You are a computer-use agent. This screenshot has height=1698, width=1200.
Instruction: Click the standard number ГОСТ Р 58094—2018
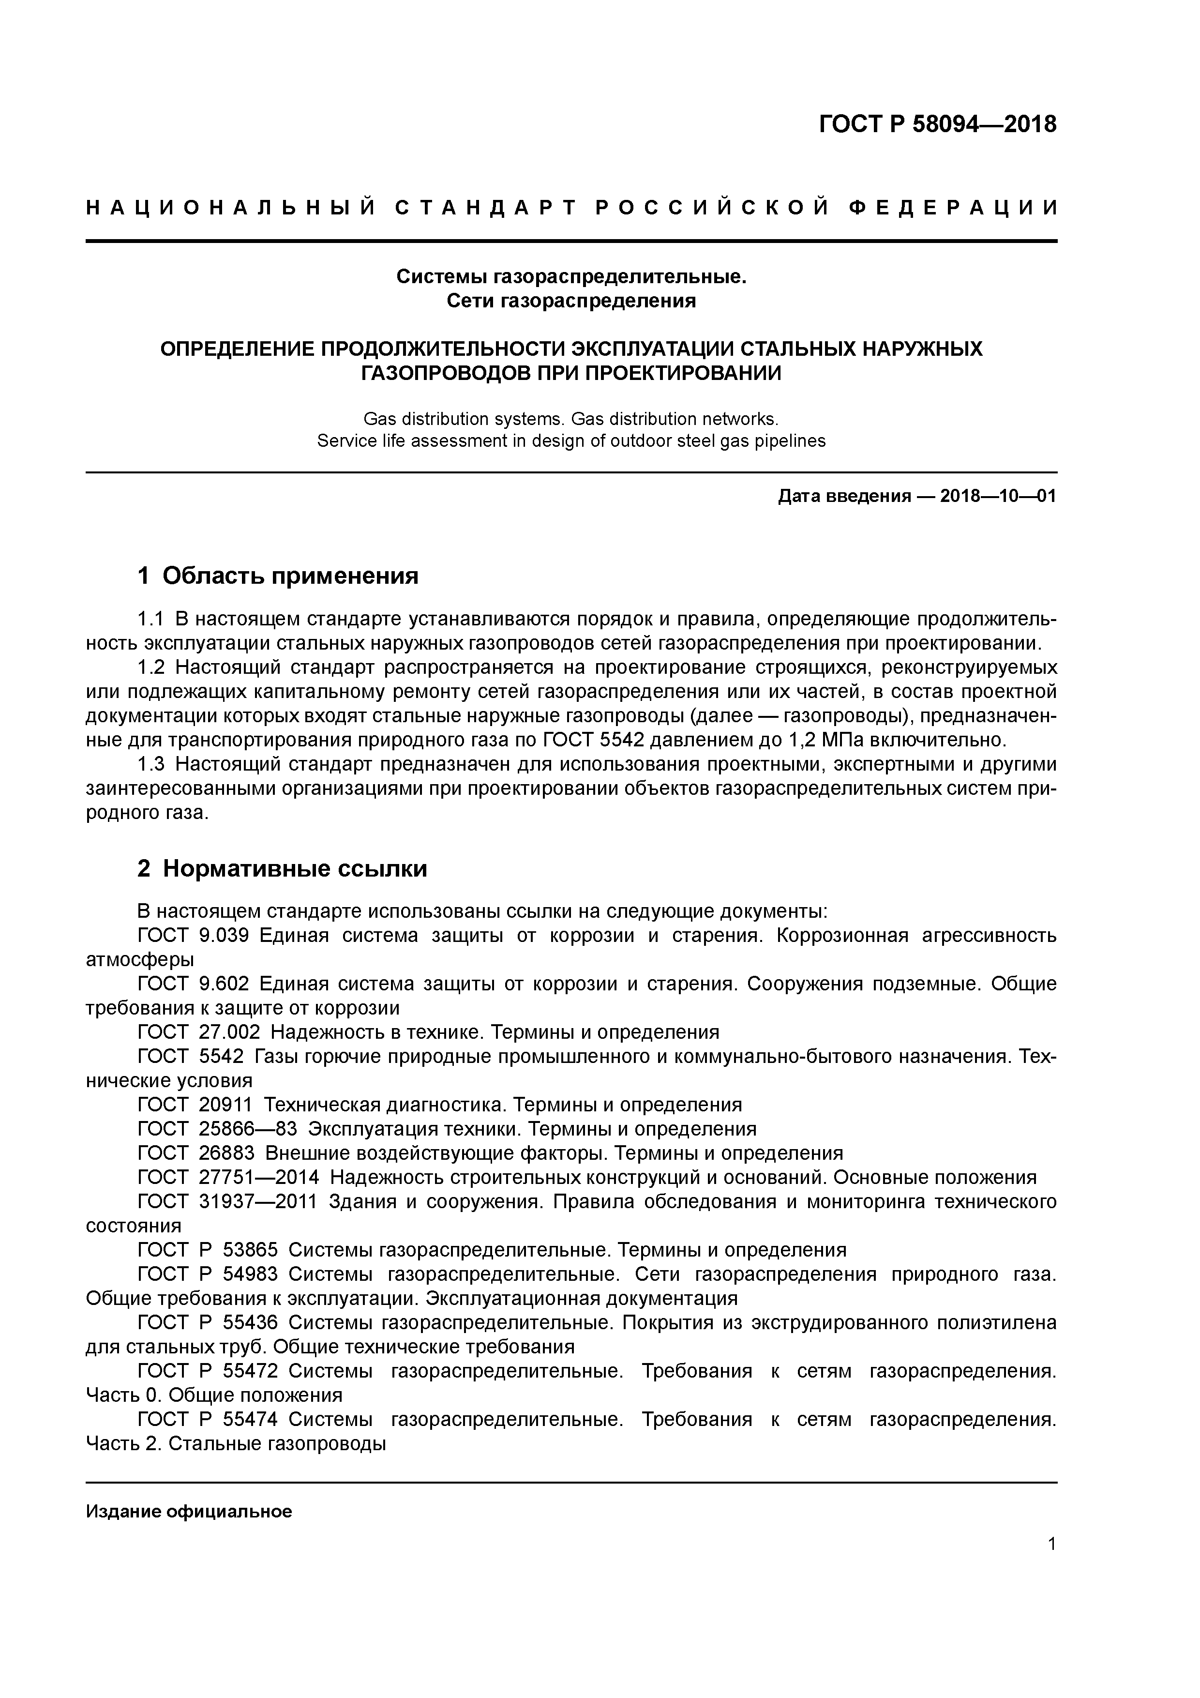point(938,124)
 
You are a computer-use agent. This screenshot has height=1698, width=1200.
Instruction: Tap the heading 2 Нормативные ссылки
point(283,868)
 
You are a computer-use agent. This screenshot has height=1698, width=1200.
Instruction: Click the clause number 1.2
point(151,667)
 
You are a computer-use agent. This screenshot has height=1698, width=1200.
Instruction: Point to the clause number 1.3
point(151,764)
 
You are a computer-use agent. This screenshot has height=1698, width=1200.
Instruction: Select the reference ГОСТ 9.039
point(194,936)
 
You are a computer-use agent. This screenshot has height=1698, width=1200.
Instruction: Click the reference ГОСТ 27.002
point(199,1031)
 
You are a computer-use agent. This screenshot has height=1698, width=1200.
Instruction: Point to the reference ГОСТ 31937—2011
point(228,1201)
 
